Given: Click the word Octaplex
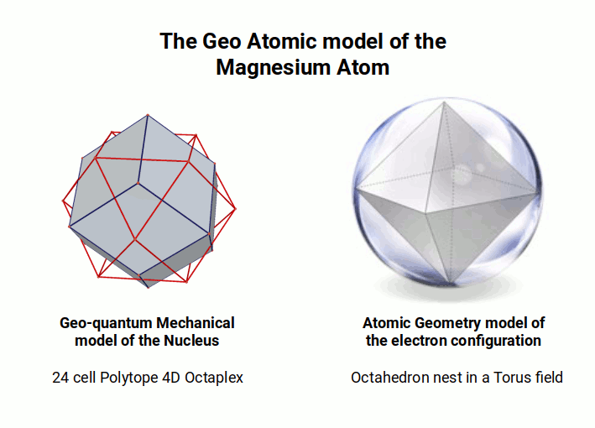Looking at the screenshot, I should coord(216,378).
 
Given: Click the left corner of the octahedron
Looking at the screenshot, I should coord(355,191).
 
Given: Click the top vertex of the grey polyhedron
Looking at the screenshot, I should coord(147,116).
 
